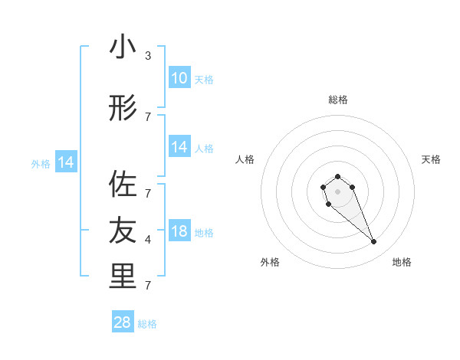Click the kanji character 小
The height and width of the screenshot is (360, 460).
[x=123, y=47]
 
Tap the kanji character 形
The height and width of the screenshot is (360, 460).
[x=123, y=109]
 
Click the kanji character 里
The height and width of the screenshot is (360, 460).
[x=123, y=276]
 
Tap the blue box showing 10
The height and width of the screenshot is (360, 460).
[x=179, y=78]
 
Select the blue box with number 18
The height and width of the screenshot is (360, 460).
[x=179, y=232]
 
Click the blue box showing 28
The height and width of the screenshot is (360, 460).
[x=123, y=322]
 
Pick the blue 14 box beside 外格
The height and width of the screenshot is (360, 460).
[x=65, y=162]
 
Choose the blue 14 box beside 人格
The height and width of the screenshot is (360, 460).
[x=179, y=147]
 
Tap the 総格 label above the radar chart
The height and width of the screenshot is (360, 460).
[x=337, y=100]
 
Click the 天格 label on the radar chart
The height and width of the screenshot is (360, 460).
[x=431, y=159]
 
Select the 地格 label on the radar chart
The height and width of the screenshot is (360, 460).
[x=402, y=262]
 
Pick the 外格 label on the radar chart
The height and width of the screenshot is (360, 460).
[x=270, y=262]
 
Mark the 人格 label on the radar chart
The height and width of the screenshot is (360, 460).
[x=245, y=159]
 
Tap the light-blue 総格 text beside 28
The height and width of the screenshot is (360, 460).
[x=147, y=324]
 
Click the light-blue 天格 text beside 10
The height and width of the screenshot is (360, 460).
[x=203, y=80]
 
